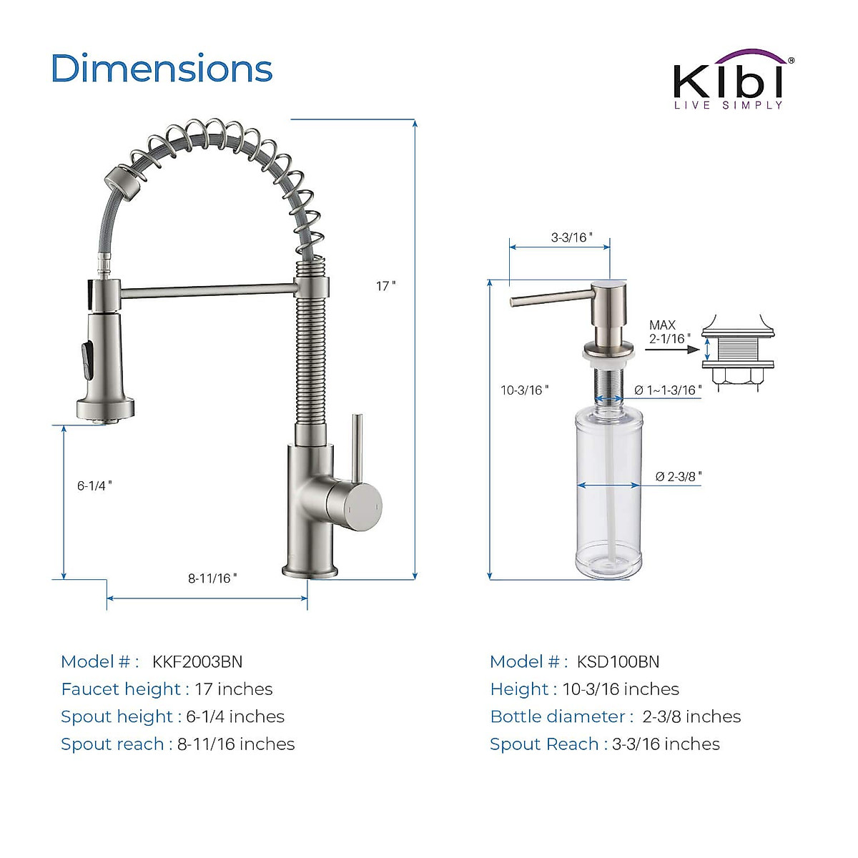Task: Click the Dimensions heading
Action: [x=162, y=69]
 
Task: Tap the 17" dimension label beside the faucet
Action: [x=385, y=286]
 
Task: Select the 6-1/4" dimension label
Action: [x=94, y=485]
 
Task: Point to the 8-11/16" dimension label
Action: [x=212, y=578]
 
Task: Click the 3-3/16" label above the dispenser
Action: [x=572, y=237]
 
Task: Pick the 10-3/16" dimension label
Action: [x=525, y=390]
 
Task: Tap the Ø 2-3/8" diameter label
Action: [x=678, y=477]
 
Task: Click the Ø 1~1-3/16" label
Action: [x=668, y=390]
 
